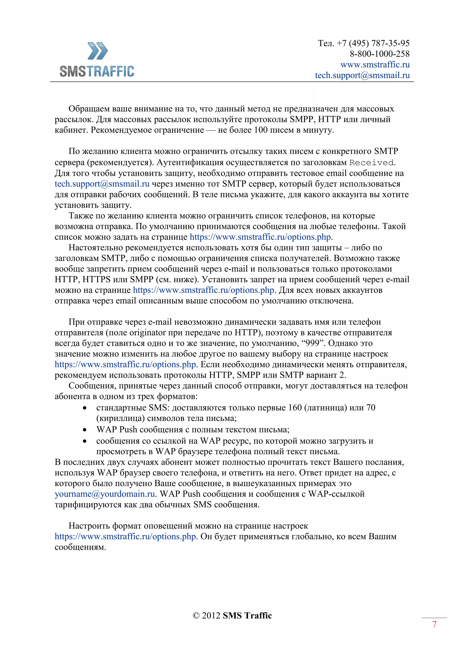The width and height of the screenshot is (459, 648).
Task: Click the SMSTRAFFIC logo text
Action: pyautogui.click(x=97, y=71)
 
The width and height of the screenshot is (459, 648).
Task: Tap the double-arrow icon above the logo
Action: pyautogui.click(x=97, y=51)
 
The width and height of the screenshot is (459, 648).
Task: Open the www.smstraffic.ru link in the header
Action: pyautogui.click(x=375, y=65)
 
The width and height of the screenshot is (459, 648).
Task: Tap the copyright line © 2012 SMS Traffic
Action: pyautogui.click(x=232, y=616)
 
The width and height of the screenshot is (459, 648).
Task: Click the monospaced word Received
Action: pyautogui.click(x=371, y=163)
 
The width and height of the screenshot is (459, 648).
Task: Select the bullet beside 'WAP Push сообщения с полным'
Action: pyautogui.click(x=84, y=430)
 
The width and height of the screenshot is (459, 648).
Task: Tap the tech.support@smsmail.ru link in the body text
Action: pyautogui.click(x=102, y=184)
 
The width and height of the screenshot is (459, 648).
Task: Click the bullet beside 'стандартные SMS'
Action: pyautogui.click(x=84, y=408)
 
